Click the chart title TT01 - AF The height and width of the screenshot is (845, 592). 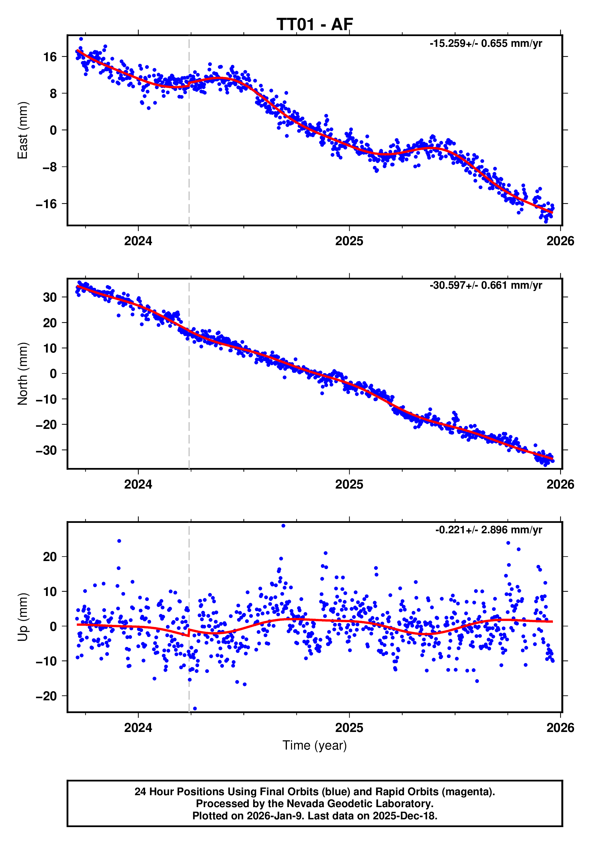click(315, 25)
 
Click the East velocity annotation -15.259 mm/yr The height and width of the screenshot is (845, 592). click(485, 44)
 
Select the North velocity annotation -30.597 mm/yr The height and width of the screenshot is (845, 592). click(485, 285)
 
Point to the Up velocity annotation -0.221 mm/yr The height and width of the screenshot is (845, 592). click(488, 530)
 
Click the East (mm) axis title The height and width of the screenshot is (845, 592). click(23, 130)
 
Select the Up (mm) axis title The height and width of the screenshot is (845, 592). click(23, 617)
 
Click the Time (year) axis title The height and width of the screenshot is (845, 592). click(315, 745)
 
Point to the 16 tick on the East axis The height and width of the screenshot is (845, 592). click(50, 57)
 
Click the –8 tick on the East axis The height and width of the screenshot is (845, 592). click(50, 167)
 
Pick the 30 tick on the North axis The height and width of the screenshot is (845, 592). click(50, 297)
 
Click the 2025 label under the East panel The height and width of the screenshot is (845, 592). click(349, 241)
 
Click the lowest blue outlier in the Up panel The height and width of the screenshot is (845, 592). click(195, 708)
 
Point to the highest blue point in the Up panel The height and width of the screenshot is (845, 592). click(283, 526)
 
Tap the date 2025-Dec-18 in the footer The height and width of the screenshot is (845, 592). click(405, 816)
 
